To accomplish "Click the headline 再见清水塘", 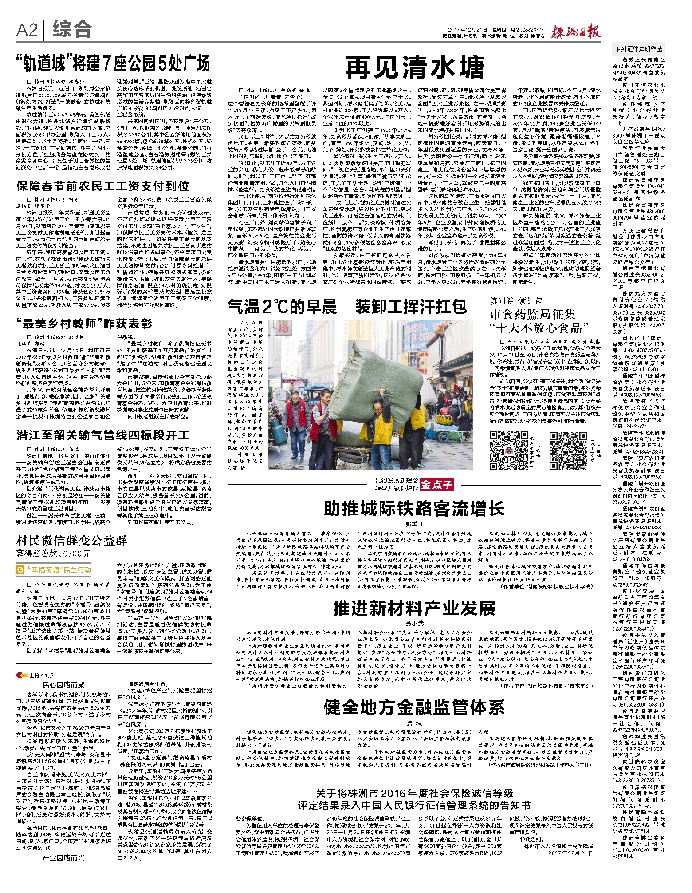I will (x=414, y=67).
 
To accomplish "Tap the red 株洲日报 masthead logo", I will (x=575, y=32).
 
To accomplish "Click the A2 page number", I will (x=27, y=30).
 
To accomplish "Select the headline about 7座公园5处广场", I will (x=113, y=64).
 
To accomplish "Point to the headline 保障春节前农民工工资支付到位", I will (x=103, y=186).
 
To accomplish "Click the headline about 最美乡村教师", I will (x=84, y=323).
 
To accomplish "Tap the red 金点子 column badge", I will (x=437, y=484).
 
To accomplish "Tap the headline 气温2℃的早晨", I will (x=282, y=307).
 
